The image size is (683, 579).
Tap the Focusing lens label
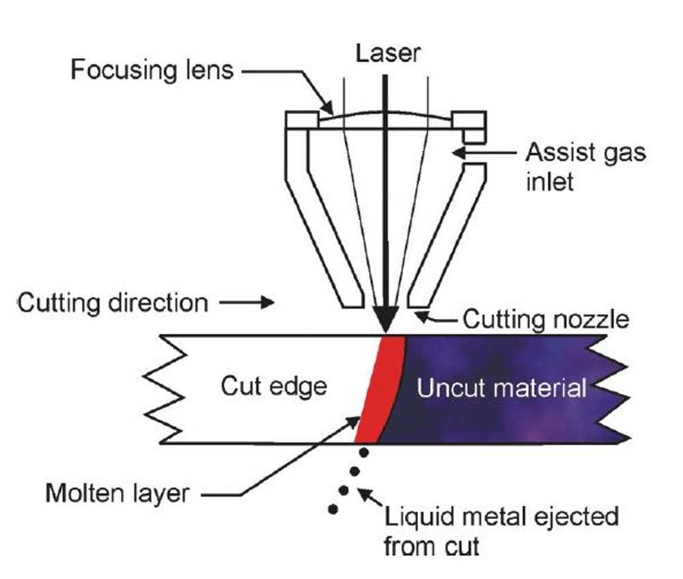(152, 70)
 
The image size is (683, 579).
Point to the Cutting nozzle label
(544, 318)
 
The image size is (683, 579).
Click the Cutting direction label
(113, 302)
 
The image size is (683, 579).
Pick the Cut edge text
(274, 387)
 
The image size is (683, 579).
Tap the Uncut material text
(502, 389)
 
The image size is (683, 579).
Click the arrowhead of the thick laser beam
(385, 321)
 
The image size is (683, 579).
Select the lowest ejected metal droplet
(333, 509)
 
